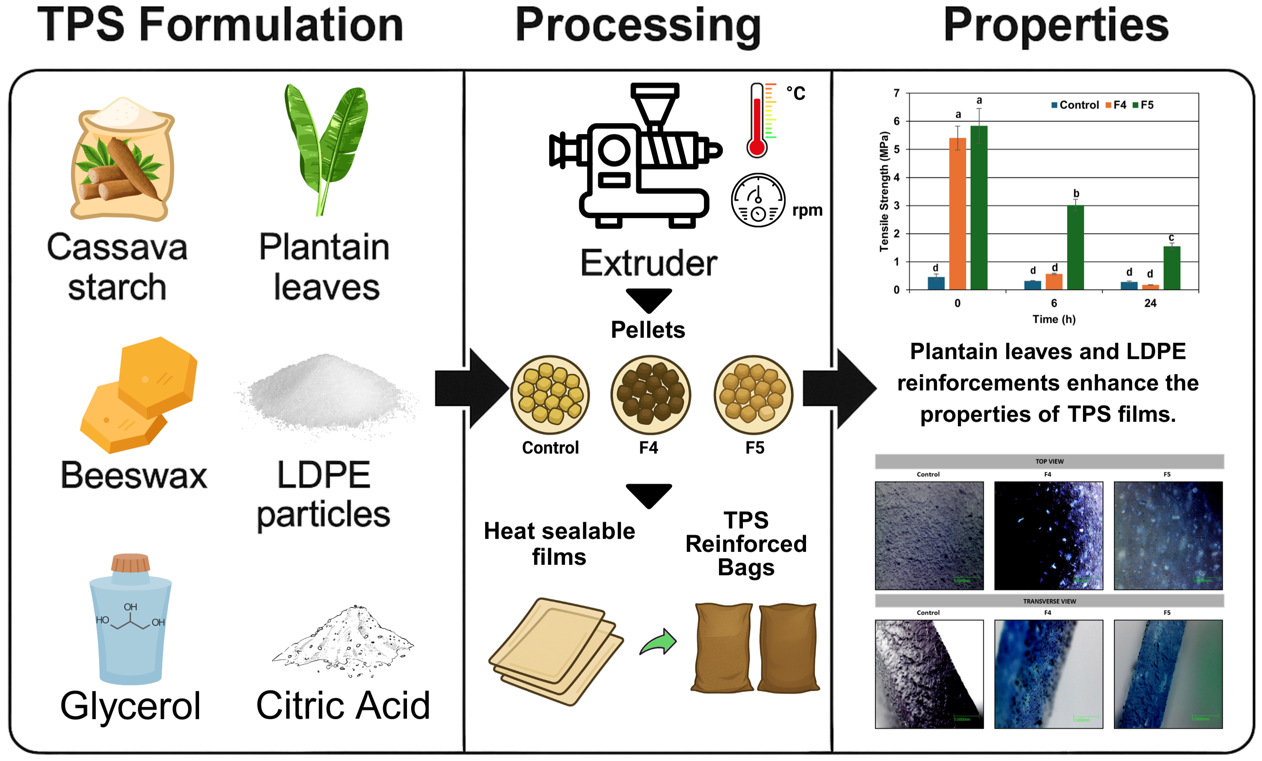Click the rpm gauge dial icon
pos(758,200)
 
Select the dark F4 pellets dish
pos(650,394)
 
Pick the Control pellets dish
pos(550,394)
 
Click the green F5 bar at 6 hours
pos(1075,248)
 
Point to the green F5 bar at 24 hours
pos(1172,268)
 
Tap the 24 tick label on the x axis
pos(1150,303)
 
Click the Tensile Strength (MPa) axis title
pos(883,192)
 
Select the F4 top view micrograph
pos(1048,536)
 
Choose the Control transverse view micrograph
pos(929,674)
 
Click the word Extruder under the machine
pos(648,263)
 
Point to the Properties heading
pos(1056,26)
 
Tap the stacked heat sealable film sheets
pos(556,650)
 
